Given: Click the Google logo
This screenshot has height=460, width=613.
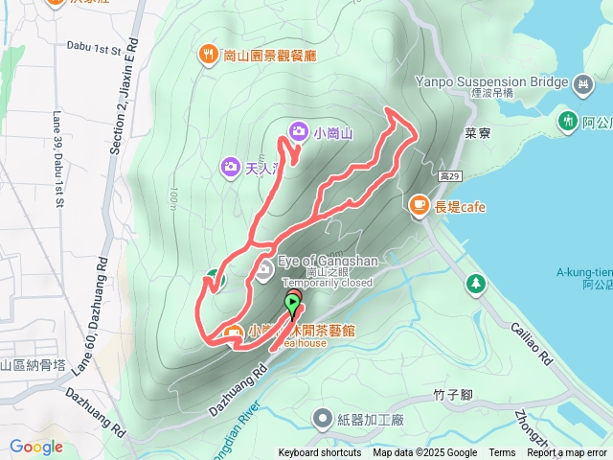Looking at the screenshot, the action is tap(36, 447).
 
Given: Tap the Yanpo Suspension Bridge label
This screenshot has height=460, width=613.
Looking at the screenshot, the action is tap(492, 82).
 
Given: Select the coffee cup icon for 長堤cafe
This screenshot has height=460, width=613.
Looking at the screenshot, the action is tap(419, 204).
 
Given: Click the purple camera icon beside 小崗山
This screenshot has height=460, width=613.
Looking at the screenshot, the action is tap(298, 130).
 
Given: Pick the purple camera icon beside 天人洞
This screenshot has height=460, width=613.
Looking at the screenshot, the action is tap(230, 167).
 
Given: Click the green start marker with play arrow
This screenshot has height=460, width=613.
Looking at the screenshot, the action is tap(292, 305).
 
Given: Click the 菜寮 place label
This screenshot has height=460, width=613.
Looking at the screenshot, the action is tap(478, 134).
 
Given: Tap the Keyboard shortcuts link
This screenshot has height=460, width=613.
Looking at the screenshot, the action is tap(320, 453).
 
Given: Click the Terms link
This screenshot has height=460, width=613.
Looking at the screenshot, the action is tap(502, 453).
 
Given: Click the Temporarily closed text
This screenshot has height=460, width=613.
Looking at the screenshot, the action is tap(328, 283).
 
